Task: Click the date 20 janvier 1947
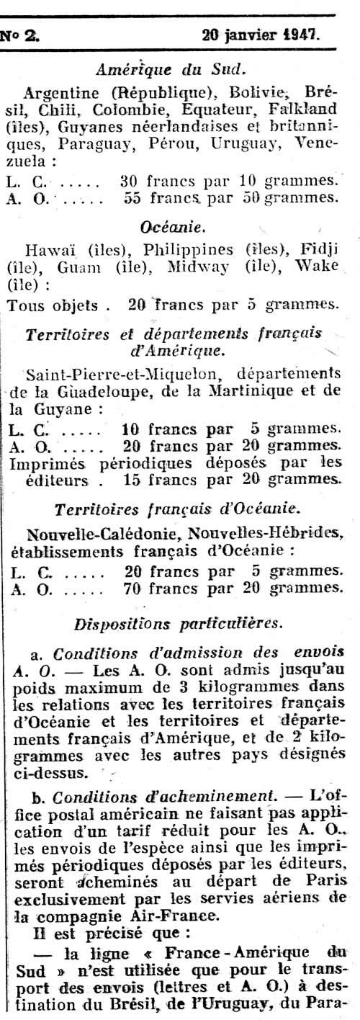(x=263, y=33)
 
